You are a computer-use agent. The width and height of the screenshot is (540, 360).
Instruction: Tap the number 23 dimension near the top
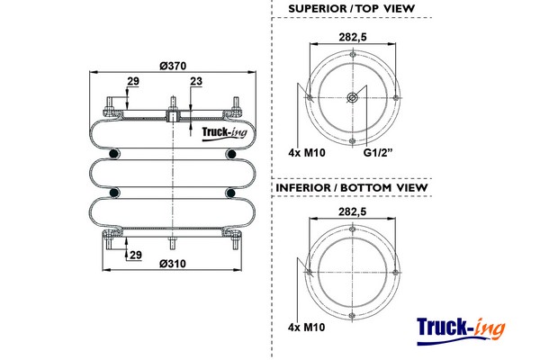pos(196,82)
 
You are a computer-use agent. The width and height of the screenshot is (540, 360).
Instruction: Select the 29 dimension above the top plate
pos(133,82)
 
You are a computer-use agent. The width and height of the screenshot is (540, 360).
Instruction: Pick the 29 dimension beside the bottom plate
pos(135,256)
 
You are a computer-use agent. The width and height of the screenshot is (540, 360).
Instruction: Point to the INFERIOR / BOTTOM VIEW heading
pos(350,187)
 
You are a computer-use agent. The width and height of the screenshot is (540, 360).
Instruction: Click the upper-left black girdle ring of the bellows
pos(113,156)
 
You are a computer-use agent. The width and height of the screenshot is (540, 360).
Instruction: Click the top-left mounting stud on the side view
pos(110,102)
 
